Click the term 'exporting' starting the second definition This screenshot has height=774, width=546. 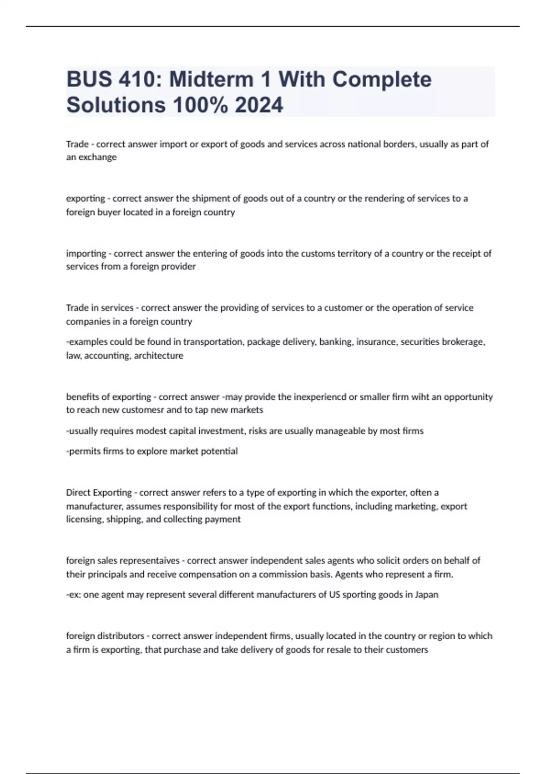click(85, 199)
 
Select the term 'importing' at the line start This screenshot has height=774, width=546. click(86, 253)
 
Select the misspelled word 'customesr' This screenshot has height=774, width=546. click(142, 410)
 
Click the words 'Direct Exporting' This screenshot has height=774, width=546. click(99, 493)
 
